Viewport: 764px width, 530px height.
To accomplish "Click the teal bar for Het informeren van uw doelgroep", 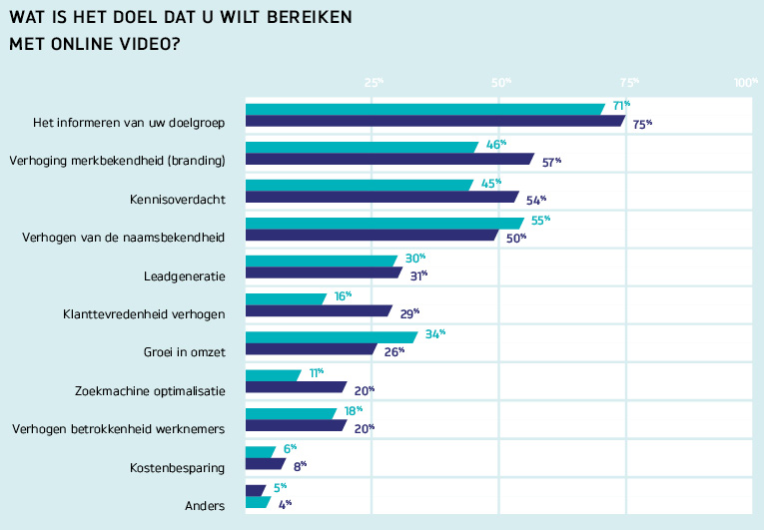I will [423, 109].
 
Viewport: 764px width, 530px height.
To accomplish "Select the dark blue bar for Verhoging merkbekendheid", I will [388, 159].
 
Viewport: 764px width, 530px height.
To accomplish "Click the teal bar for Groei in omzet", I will [330, 336].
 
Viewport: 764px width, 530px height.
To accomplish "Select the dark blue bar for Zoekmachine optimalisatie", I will [295, 387].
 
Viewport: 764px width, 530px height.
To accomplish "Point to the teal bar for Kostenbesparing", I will [261, 450].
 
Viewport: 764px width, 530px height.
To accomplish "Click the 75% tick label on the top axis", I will [629, 83].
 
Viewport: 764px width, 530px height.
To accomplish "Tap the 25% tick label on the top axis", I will [374, 83].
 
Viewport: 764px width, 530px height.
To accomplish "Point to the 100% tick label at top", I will [747, 83].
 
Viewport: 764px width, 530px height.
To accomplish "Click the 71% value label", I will [621, 106].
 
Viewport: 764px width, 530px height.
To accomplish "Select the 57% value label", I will [550, 161].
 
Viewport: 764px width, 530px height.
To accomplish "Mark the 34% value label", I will [434, 334].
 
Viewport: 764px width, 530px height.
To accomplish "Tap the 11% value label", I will [316, 372].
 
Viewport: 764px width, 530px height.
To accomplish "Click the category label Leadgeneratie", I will [185, 275].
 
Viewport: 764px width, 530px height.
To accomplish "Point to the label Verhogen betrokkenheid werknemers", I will [119, 429].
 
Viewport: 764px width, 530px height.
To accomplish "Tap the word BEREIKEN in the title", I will [310, 19].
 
